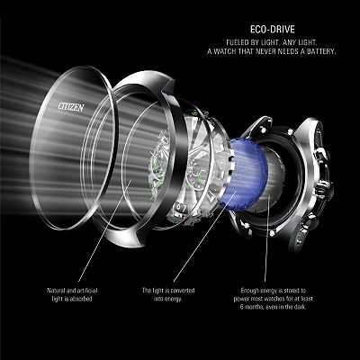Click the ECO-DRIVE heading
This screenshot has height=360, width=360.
[x=273, y=30]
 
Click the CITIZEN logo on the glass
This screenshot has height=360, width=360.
[x=71, y=107]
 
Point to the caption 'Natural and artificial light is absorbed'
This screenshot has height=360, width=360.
[x=72, y=294]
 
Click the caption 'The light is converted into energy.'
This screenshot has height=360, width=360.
[x=168, y=294]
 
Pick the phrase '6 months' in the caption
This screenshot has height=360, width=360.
[x=252, y=307]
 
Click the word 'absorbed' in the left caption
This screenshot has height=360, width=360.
[x=80, y=299]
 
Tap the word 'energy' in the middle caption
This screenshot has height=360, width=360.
[x=174, y=299]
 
